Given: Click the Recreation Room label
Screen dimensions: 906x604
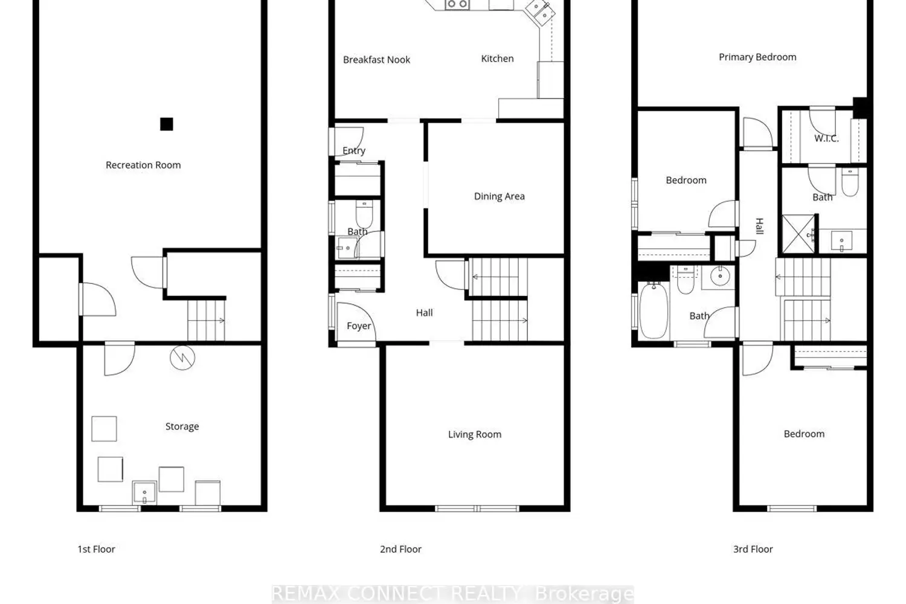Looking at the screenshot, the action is click(143, 165).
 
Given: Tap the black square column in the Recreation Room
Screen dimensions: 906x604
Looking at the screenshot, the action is click(166, 124).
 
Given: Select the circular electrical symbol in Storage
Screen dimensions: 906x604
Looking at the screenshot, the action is click(182, 358).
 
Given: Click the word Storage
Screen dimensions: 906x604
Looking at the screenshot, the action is click(182, 426).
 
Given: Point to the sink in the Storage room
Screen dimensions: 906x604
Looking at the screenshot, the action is click(144, 492).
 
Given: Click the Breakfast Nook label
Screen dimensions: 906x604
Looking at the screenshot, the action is click(376, 60).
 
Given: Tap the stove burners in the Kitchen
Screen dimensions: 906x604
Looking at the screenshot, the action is click(457, 4).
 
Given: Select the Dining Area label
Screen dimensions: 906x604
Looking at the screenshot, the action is click(499, 196).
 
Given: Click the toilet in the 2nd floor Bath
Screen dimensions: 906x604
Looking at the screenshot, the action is click(364, 214).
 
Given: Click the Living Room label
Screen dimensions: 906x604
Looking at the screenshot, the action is click(474, 434).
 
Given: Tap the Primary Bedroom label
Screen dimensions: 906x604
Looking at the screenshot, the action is click(757, 57).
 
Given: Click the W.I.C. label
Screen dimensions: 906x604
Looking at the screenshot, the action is click(826, 138).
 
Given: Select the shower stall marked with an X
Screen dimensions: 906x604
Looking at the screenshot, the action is click(798, 234).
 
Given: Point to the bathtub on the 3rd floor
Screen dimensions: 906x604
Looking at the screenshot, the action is click(654, 310).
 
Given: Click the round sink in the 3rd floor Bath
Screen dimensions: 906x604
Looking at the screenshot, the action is click(720, 277).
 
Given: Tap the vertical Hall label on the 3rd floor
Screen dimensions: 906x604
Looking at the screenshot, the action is click(760, 226).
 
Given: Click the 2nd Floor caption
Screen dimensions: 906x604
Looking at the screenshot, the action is click(400, 549).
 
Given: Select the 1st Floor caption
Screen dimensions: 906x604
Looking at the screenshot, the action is click(96, 549).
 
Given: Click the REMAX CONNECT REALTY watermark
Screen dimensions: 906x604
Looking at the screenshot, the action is click(452, 594).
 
